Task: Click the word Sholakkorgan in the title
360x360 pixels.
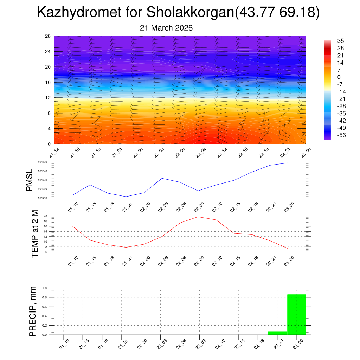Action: point(190,13)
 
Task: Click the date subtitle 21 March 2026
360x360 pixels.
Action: point(166,28)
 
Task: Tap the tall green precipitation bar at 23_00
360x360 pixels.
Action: point(296,314)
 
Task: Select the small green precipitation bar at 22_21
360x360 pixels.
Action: point(277,333)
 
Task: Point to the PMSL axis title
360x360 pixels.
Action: point(30,180)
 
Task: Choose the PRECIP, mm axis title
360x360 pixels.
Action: point(32,311)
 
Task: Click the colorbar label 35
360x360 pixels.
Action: point(340,41)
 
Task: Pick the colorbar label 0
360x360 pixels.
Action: point(339,77)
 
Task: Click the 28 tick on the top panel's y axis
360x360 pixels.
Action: point(48,36)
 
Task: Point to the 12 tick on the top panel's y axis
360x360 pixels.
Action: point(48,98)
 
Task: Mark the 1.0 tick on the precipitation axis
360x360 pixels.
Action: point(45,288)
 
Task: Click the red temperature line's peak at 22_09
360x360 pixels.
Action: point(198,217)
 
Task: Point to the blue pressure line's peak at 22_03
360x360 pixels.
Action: point(162,178)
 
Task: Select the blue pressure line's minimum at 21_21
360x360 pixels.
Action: point(126,197)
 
